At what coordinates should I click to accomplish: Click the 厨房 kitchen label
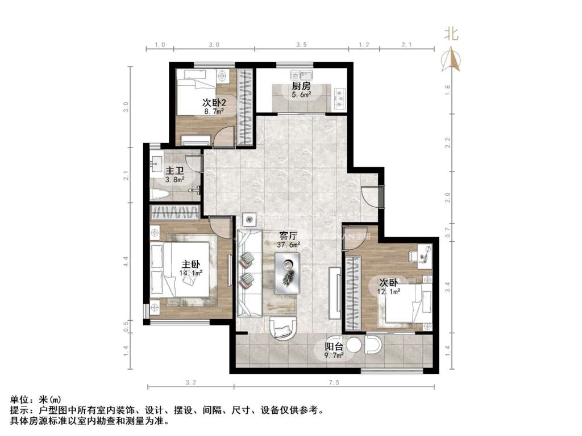pyautogui.click(x=301, y=86)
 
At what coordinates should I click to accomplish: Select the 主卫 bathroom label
pyautogui.click(x=174, y=171)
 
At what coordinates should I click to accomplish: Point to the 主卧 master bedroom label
pyautogui.click(x=191, y=264)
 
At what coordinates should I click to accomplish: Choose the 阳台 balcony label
pyautogui.click(x=334, y=347)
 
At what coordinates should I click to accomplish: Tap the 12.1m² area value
pyautogui.click(x=389, y=291)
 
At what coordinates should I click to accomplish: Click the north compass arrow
pyautogui.click(x=452, y=59)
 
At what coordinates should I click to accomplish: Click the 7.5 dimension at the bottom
pyautogui.click(x=333, y=383)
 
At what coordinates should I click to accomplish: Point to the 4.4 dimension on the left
pyautogui.click(x=126, y=262)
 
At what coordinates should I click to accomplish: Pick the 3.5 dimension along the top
pyautogui.click(x=302, y=44)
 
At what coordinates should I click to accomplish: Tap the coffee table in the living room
pyautogui.click(x=288, y=272)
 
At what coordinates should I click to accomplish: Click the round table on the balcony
pyautogui.click(x=355, y=345)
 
